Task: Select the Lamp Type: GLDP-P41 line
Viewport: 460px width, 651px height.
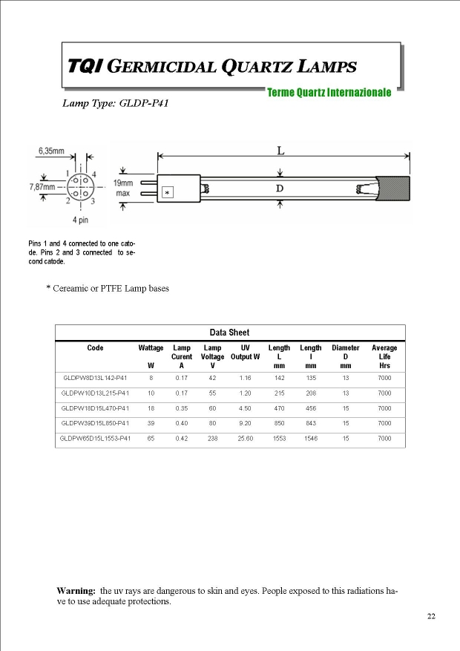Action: coord(115,104)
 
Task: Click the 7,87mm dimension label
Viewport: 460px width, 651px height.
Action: coord(44,187)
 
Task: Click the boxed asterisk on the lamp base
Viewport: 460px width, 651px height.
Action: coord(168,193)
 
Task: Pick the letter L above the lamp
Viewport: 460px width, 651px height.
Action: coord(280,151)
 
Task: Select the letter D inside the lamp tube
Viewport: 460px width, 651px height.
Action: coord(280,189)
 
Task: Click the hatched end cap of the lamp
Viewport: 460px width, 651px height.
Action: coord(395,188)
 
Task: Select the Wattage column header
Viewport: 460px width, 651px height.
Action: coord(151,347)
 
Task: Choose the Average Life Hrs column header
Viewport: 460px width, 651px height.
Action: coord(384,356)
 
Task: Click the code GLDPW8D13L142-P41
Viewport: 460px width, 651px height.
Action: coord(96,378)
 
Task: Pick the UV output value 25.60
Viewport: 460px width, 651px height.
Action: coord(245,439)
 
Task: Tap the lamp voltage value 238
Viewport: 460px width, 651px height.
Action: coord(213,439)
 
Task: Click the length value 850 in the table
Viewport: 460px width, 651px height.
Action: coord(279,423)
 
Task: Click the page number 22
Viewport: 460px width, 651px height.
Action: coord(431,616)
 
